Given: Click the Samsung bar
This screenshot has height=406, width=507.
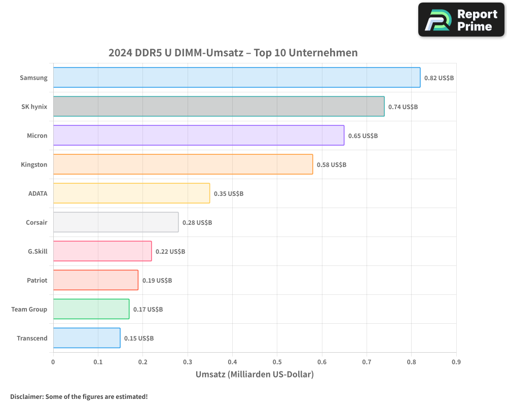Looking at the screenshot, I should click(236, 78).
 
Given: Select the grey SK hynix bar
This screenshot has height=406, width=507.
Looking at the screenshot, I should click(219, 107).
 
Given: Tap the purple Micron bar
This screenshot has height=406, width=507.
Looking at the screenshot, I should click(198, 136).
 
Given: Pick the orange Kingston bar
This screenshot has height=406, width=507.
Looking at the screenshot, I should click(183, 164).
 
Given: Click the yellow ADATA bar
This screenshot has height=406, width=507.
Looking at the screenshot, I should click(131, 193).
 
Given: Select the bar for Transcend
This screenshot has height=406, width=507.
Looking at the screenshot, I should click(87, 338).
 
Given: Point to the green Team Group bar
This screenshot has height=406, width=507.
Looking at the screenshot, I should click(91, 309).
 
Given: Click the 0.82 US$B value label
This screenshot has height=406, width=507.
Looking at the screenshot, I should click(439, 78).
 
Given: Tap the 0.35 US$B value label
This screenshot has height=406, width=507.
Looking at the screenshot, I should click(229, 194).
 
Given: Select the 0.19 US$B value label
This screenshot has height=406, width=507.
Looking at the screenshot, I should click(157, 281).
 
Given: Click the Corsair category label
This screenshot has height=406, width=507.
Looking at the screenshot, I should click(37, 222).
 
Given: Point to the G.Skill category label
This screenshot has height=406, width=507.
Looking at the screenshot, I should click(38, 251).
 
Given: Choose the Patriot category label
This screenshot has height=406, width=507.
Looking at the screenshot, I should click(37, 280).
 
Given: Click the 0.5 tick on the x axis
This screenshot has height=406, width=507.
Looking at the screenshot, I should click(277, 362).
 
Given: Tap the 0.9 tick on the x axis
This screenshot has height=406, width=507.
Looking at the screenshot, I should click(456, 362).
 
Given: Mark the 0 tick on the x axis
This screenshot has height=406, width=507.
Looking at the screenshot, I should click(53, 362).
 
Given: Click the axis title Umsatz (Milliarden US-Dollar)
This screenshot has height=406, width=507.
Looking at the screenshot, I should click(255, 375).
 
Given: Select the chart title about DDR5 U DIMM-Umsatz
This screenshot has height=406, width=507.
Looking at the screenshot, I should click(233, 53).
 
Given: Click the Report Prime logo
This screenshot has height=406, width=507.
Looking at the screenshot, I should click(461, 20).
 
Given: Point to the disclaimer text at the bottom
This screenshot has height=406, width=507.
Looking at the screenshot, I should click(79, 397).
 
